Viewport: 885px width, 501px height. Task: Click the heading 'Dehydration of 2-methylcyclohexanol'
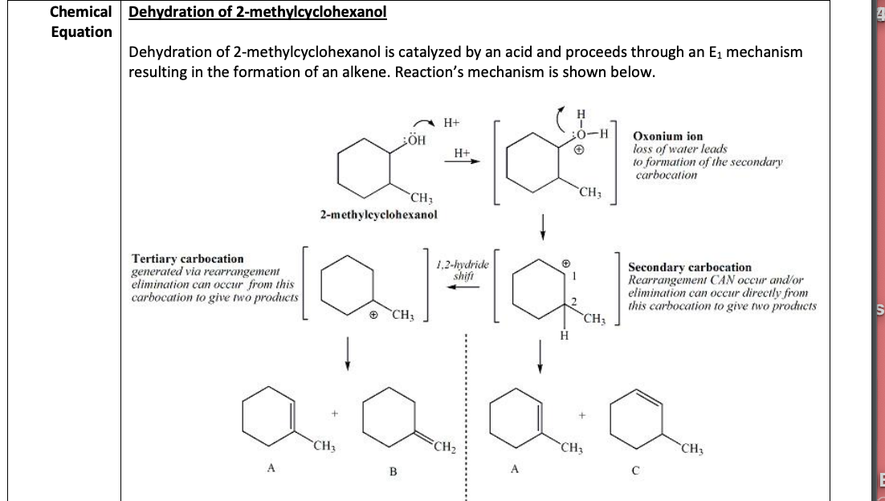(x=258, y=13)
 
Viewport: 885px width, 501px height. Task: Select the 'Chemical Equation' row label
(x=80, y=22)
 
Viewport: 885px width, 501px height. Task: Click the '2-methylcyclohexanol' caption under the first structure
(x=377, y=215)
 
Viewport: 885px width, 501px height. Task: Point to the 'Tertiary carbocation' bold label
(x=187, y=259)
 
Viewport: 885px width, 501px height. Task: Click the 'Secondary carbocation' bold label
(x=690, y=267)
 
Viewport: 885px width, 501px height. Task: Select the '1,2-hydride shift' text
(x=463, y=269)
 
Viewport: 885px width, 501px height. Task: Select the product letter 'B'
(x=394, y=471)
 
